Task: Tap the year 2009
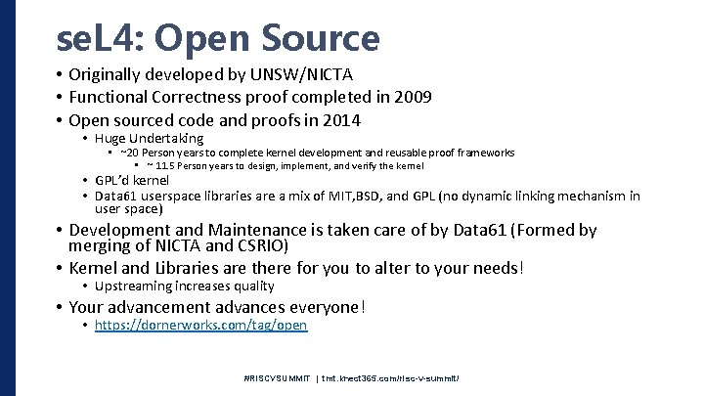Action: click(x=412, y=98)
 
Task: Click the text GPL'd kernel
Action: click(x=132, y=181)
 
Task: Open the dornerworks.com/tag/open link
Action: click(x=200, y=326)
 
